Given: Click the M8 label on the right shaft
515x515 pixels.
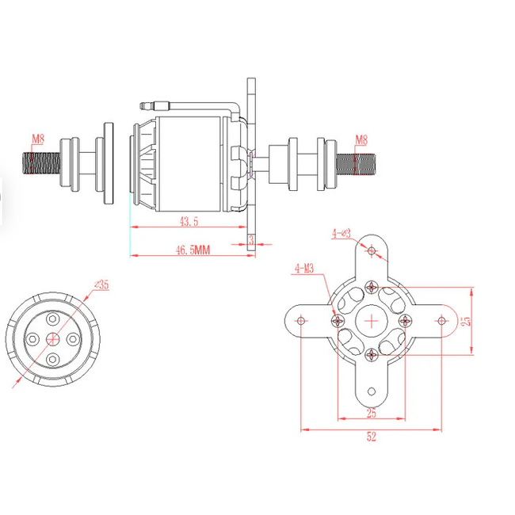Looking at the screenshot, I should pos(360,139).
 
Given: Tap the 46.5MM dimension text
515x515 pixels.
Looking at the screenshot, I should pos(193,250).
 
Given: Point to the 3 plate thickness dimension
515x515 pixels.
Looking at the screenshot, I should pos(251,238).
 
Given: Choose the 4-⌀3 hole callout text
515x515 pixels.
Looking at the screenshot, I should pos(341,233).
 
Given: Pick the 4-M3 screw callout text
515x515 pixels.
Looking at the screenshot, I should pos(304,269).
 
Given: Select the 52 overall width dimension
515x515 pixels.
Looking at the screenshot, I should pos(372,436).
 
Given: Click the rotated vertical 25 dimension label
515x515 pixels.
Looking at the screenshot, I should pos(467,321).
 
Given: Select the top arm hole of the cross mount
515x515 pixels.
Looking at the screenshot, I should pos(372,251).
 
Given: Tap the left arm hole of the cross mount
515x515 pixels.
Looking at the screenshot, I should pos(301,321).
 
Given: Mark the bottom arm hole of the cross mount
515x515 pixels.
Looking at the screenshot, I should pos(372,391).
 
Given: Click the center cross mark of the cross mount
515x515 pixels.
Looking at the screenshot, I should pos(372,321).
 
